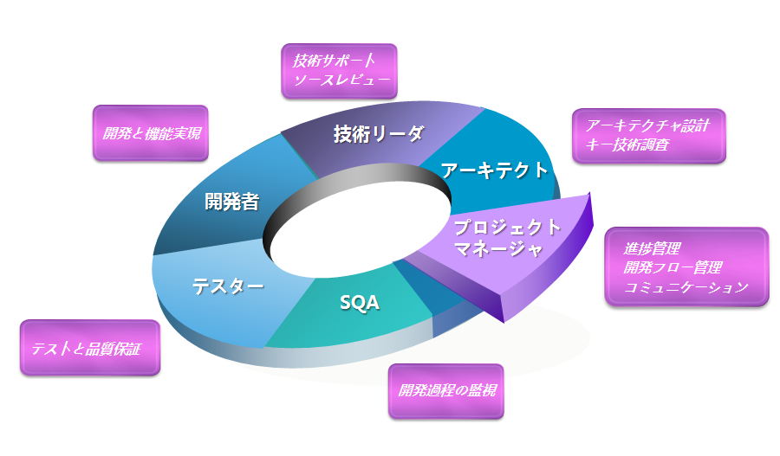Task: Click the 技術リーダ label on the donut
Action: tap(379, 134)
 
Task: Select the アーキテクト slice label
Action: tap(495, 170)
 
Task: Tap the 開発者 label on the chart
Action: tap(231, 202)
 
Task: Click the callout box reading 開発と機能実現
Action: tap(151, 133)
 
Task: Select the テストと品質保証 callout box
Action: tap(90, 348)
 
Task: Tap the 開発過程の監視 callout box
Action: tap(445, 391)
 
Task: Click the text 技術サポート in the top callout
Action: tap(334, 61)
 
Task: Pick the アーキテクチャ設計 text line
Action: tap(643, 125)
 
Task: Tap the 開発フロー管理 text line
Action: tap(673, 267)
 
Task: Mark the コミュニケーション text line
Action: tap(686, 287)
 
